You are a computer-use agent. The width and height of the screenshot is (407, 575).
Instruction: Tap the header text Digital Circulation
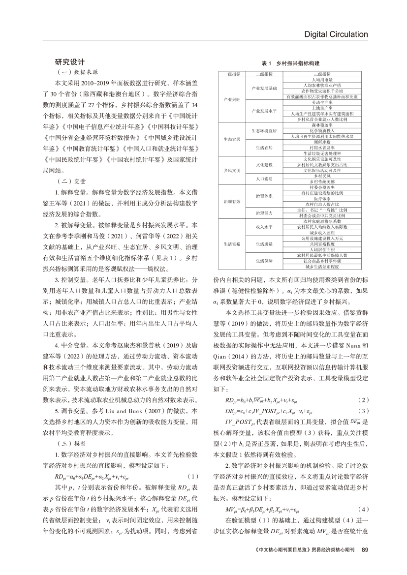[x=336, y=34]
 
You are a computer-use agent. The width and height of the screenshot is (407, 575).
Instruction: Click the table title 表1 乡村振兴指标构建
[x=290, y=64]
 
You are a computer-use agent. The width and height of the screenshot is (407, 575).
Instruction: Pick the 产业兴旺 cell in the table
[x=231, y=99]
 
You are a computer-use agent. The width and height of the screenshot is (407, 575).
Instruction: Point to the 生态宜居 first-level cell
[x=231, y=139]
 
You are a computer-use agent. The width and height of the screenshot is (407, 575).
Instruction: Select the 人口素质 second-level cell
[x=264, y=178]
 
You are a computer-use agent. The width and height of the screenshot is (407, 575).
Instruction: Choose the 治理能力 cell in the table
[x=264, y=212]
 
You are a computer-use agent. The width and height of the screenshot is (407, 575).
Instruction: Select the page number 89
[x=365, y=564]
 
